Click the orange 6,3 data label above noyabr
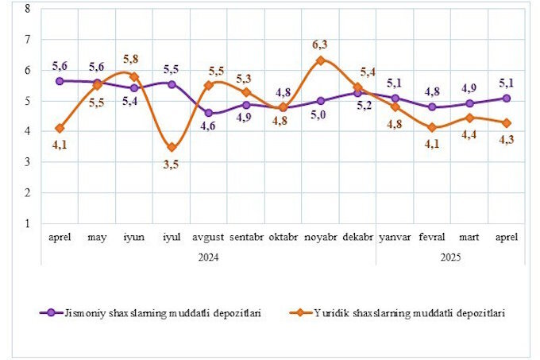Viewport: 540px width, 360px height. click(x=320, y=45)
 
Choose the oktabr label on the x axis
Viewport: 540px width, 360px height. click(x=283, y=238)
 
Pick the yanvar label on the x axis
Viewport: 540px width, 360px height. click(x=394, y=238)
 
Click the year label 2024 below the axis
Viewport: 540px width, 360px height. click(x=209, y=257)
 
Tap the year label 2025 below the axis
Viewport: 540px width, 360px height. click(x=449, y=257)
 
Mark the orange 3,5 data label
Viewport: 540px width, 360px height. click(x=172, y=164)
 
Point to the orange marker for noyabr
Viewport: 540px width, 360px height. click(x=320, y=60)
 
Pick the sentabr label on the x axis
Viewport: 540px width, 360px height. click(x=246, y=238)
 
